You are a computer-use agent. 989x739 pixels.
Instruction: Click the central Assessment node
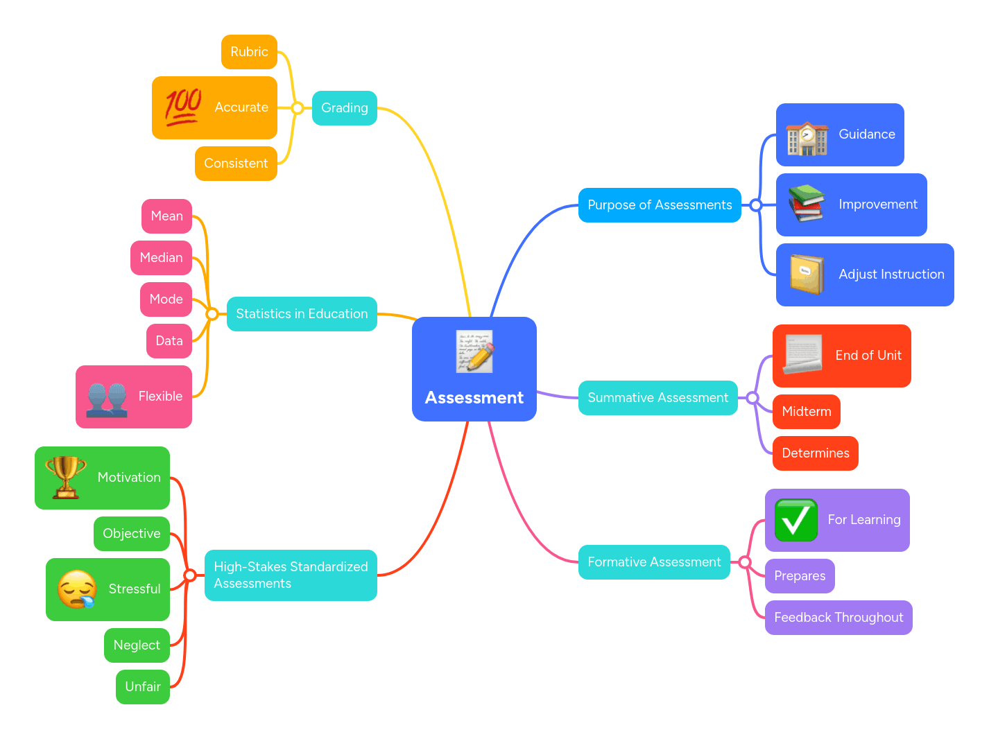pos(474,397)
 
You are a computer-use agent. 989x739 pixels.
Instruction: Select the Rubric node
pos(249,52)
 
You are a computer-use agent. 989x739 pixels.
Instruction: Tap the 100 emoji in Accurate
pos(183,107)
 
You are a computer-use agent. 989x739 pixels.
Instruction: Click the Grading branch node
pos(345,108)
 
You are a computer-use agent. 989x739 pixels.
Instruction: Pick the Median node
pos(161,258)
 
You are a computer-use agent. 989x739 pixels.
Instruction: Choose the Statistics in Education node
pos(302,314)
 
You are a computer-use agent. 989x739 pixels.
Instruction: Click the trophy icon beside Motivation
pos(66,478)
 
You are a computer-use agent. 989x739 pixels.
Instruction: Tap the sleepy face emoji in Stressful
pos(77,589)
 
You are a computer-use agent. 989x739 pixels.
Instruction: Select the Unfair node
pos(143,687)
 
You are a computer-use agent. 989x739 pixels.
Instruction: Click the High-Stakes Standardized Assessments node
pos(291,575)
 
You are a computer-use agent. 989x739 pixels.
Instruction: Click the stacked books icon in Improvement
pos(806,204)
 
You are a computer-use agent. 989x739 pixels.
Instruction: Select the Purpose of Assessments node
pos(660,205)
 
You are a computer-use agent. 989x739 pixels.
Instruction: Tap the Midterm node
pos(807,412)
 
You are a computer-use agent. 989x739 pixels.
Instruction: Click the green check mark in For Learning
pos(796,520)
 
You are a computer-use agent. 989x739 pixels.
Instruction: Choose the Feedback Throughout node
pos(839,618)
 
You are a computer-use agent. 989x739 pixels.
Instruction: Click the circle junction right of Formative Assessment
pos(745,562)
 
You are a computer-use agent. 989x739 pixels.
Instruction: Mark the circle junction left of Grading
pos(298,108)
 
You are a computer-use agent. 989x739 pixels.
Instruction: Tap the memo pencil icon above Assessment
pos(475,351)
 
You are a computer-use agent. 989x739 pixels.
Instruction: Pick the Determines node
pos(816,453)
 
